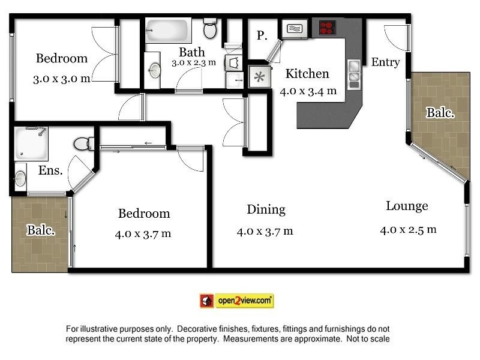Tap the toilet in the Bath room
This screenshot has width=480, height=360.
[x=210, y=28]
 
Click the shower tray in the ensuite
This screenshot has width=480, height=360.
[x=31, y=143]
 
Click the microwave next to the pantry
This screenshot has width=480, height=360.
[x=294, y=29]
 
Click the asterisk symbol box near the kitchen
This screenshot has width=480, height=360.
[x=260, y=77]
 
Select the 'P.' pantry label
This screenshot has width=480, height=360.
[x=262, y=36]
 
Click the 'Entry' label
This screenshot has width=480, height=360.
[x=385, y=62]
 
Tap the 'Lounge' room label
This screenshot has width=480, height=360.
[x=407, y=206]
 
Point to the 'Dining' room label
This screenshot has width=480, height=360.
[x=266, y=209]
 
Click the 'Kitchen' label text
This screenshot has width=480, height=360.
[x=307, y=74]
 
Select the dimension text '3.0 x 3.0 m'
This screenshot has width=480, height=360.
[x=62, y=78]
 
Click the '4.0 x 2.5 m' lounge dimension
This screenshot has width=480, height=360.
[x=408, y=229]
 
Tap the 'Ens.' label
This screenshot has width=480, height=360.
[x=50, y=170]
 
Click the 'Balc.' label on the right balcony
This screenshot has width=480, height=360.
[x=440, y=112]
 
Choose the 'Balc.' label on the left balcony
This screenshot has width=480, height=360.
[x=41, y=229]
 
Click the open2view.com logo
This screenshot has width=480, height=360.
[x=236, y=301]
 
